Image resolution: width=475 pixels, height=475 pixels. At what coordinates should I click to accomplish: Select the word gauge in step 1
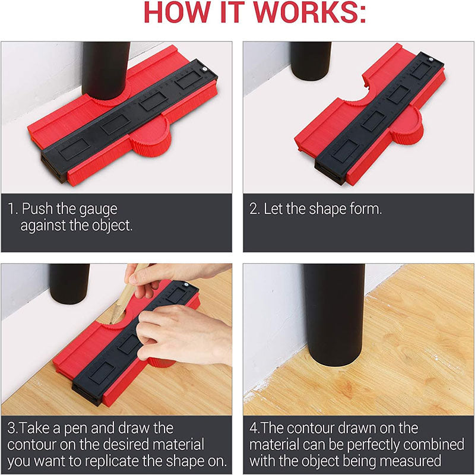[99, 210]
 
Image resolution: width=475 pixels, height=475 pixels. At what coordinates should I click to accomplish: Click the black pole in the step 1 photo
[106, 68]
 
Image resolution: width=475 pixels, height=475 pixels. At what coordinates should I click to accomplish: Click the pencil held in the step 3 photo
[121, 297]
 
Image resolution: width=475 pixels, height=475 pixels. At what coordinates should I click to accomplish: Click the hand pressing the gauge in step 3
[178, 332]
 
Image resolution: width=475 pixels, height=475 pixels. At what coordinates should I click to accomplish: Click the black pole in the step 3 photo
[68, 282]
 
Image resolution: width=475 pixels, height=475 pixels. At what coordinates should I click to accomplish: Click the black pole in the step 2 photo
[310, 59]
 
